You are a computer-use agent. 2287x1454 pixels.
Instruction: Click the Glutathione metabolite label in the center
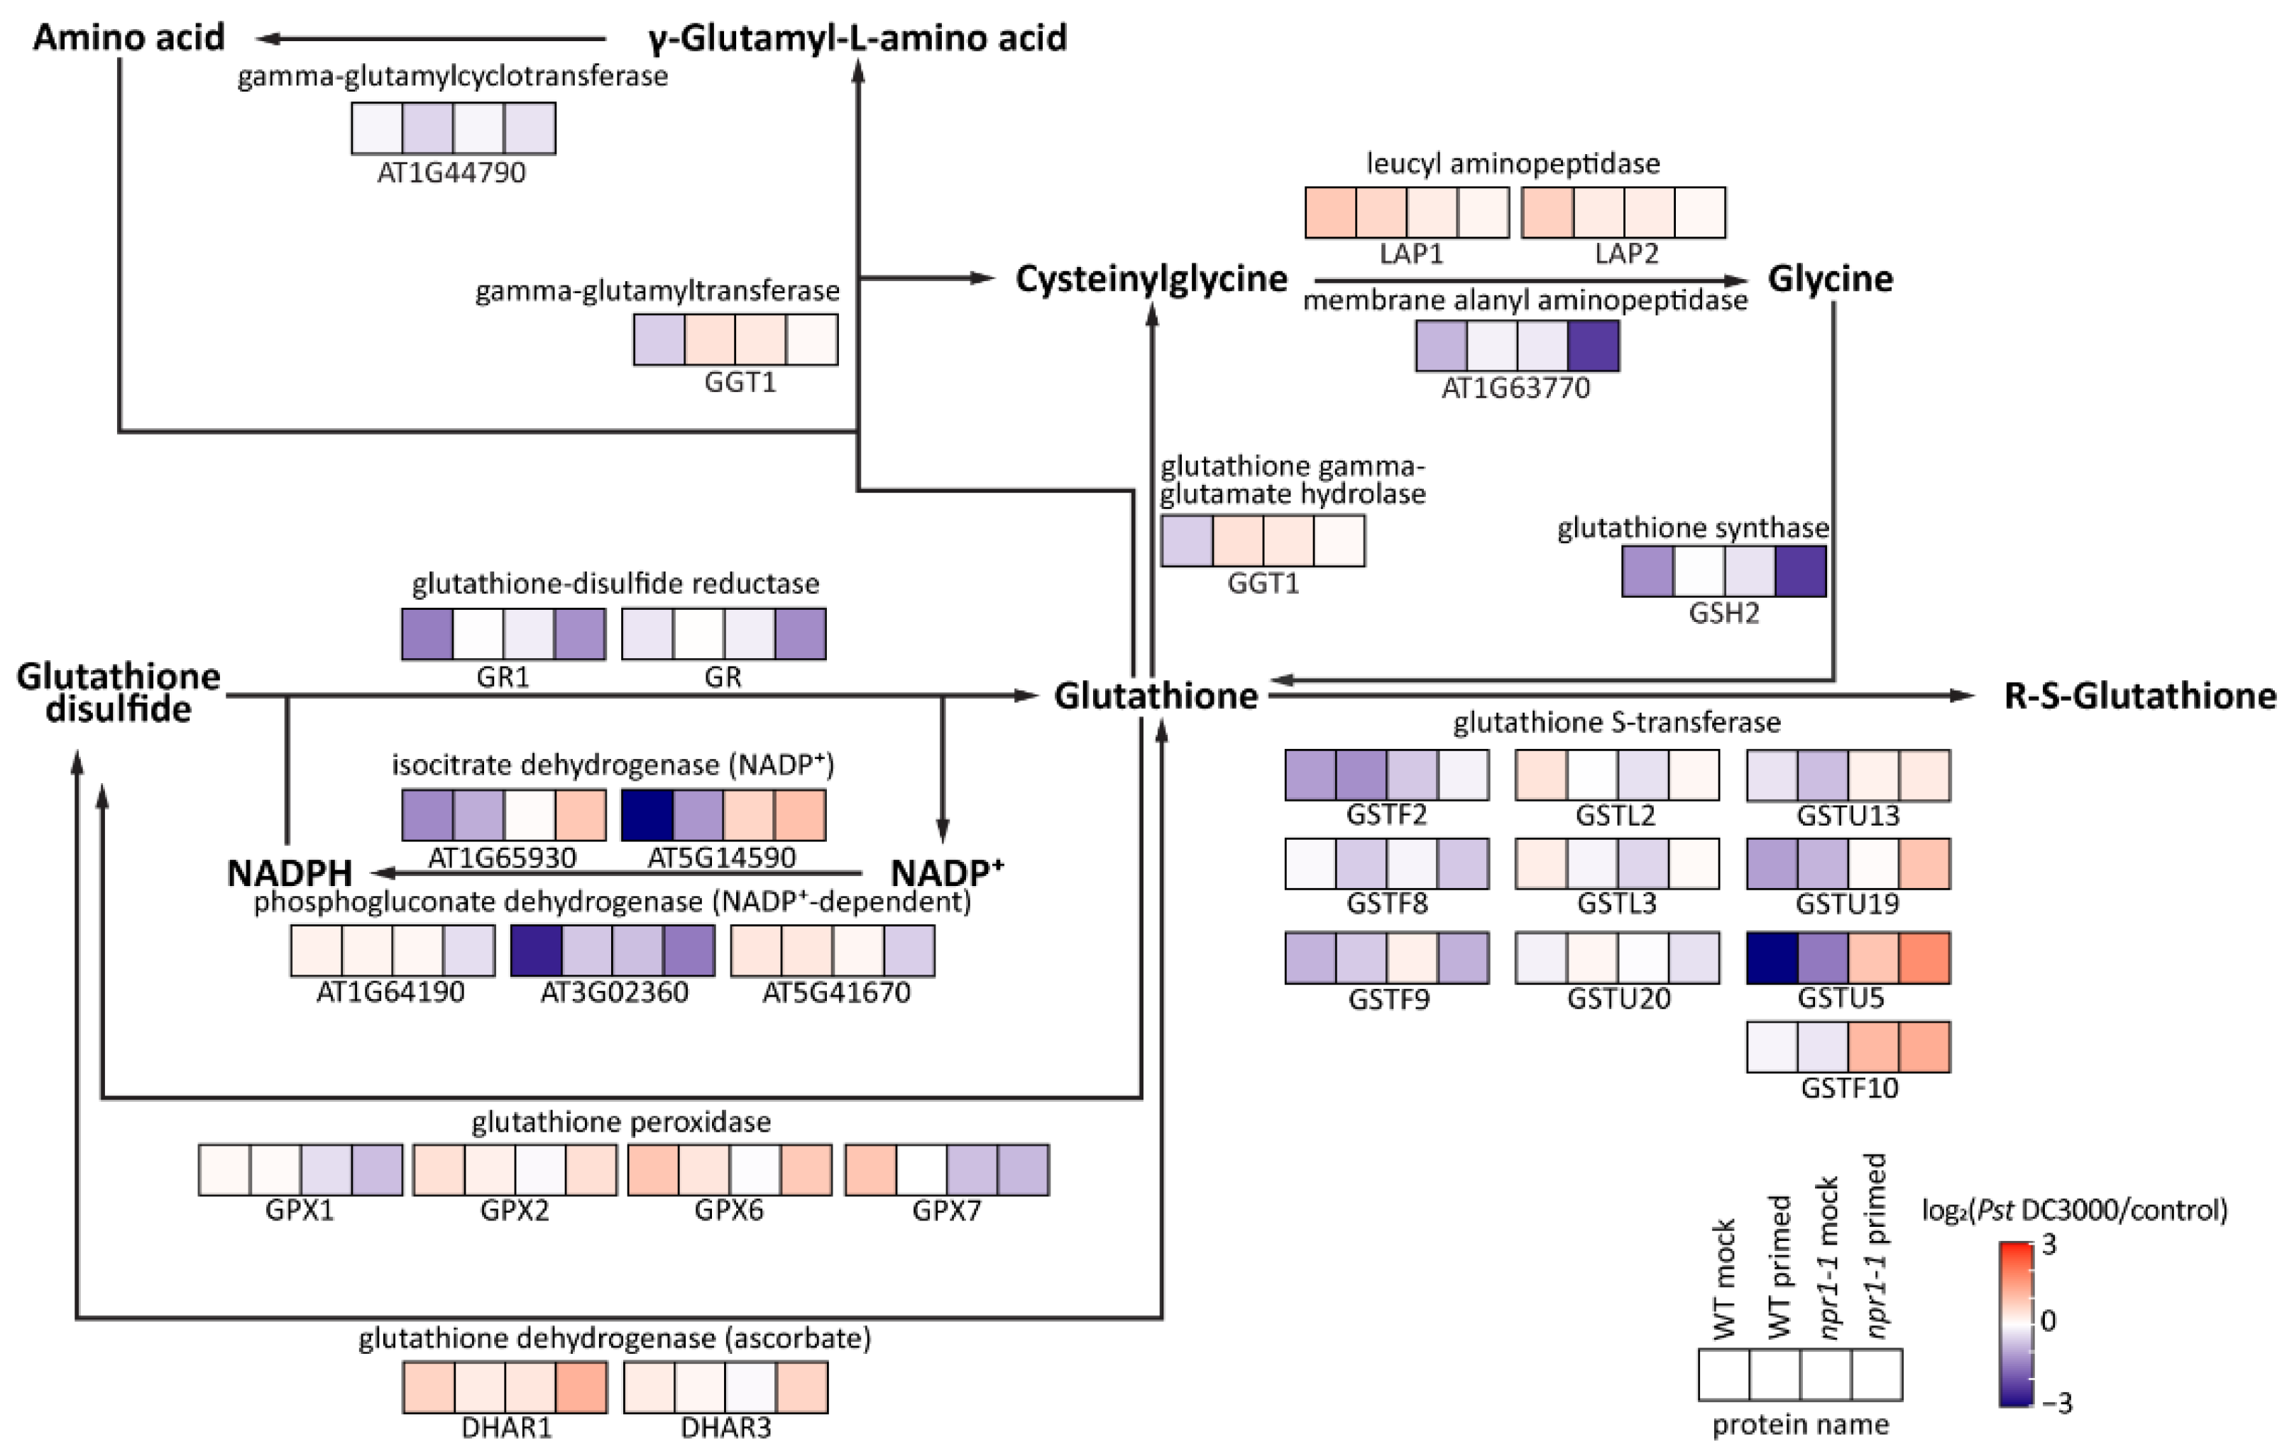1156,696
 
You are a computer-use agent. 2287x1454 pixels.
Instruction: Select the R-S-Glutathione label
2139,696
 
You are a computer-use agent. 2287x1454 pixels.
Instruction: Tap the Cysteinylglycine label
1151,278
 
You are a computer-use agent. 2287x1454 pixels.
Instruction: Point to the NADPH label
290,873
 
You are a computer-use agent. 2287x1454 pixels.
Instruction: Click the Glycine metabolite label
1829,278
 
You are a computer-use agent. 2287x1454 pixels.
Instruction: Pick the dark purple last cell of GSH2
1800,571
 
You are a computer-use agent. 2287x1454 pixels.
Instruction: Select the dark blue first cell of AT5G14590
647,815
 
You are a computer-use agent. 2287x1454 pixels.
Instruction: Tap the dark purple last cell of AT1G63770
1593,345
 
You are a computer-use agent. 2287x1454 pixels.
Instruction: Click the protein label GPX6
728,1210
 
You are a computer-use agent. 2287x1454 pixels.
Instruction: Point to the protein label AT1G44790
451,173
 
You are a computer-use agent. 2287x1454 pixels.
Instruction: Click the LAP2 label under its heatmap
1626,253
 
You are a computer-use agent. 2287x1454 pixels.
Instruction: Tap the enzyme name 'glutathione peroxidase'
621,1122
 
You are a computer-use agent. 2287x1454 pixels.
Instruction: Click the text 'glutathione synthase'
1692,528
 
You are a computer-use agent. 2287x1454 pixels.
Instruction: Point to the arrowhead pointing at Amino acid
266,39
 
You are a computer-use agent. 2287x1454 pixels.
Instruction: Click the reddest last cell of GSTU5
1924,957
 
